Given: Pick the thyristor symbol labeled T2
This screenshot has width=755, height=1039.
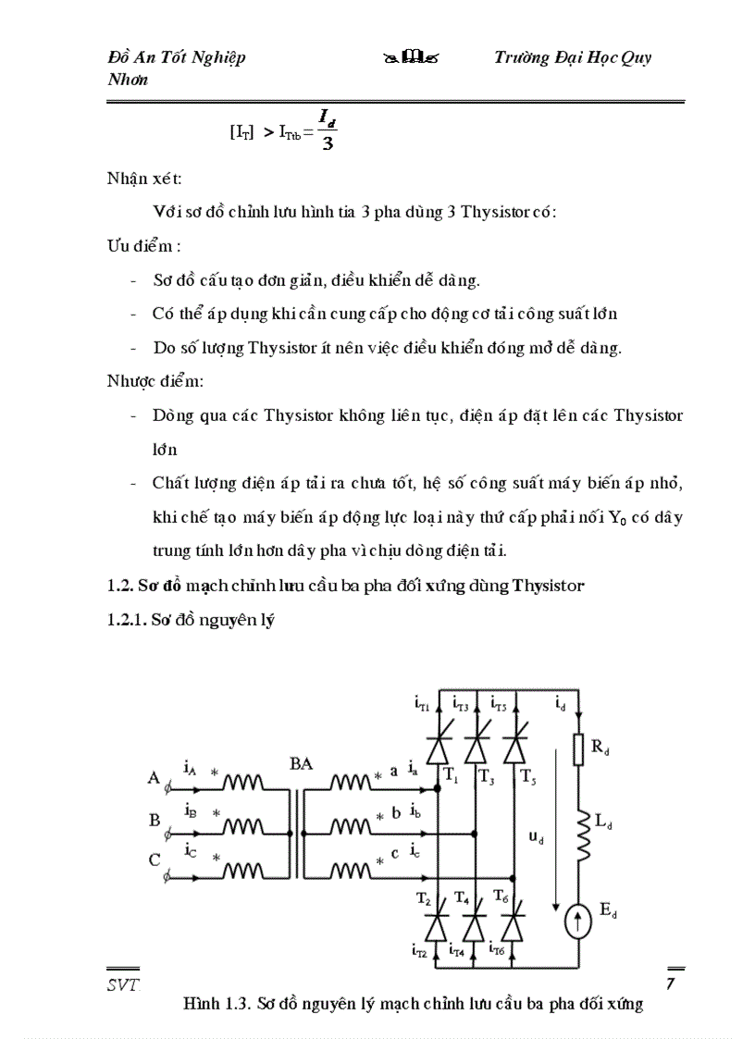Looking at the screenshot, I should tap(438, 925).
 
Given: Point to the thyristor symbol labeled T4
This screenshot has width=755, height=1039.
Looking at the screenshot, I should tap(476, 925).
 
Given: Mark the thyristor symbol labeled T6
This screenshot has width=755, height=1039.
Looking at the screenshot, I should tap(514, 925).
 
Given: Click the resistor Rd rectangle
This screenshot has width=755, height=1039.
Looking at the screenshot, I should tap(578, 749).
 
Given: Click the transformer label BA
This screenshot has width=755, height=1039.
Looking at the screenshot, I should tap(302, 763).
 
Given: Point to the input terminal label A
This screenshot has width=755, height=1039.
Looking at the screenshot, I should tap(154, 778).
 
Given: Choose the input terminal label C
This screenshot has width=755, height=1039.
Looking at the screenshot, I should tap(155, 860).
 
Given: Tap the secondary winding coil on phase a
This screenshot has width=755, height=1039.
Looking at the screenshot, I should tap(351, 785).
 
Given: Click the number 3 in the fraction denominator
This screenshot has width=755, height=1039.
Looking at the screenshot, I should tap(327, 144).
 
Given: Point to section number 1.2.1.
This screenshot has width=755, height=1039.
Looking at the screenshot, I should tap(130, 623).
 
